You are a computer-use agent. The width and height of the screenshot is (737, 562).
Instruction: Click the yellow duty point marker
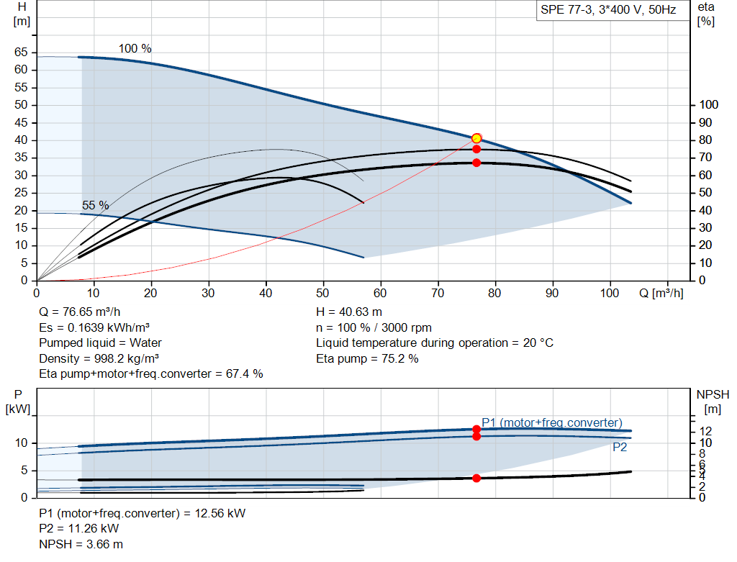click(x=476, y=138)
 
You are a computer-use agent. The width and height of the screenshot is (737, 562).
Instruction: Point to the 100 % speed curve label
click(x=135, y=48)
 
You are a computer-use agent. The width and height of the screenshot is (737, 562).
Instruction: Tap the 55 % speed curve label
click(x=96, y=205)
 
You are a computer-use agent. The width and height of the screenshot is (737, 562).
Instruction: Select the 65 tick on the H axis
click(x=21, y=52)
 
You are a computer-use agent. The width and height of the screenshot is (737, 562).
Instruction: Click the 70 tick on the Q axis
click(x=438, y=293)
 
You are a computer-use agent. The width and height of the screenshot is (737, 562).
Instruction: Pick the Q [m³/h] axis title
click(x=661, y=293)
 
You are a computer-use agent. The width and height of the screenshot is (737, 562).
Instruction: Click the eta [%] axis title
click(x=706, y=14)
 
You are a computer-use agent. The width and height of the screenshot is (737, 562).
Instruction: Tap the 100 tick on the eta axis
click(x=709, y=105)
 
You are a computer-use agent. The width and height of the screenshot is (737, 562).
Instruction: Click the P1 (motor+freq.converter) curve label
click(x=552, y=422)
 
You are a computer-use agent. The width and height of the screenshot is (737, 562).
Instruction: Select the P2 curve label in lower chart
click(x=620, y=448)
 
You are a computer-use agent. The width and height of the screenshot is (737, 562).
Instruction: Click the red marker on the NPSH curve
click(x=476, y=479)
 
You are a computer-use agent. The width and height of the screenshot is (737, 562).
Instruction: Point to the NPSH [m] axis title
click(x=713, y=402)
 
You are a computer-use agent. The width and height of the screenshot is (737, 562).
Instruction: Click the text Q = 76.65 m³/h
click(x=80, y=312)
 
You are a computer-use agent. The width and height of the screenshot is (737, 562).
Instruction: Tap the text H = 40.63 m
click(x=349, y=312)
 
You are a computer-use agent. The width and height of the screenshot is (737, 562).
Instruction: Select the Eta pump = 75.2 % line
click(x=367, y=358)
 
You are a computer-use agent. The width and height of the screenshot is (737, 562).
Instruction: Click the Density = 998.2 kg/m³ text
click(x=99, y=358)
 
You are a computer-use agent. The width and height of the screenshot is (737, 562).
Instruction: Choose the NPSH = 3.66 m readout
click(x=81, y=544)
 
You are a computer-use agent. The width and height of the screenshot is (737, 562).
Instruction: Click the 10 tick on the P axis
click(x=22, y=443)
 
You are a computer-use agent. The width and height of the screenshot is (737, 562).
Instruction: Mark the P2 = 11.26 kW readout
click(x=79, y=529)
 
